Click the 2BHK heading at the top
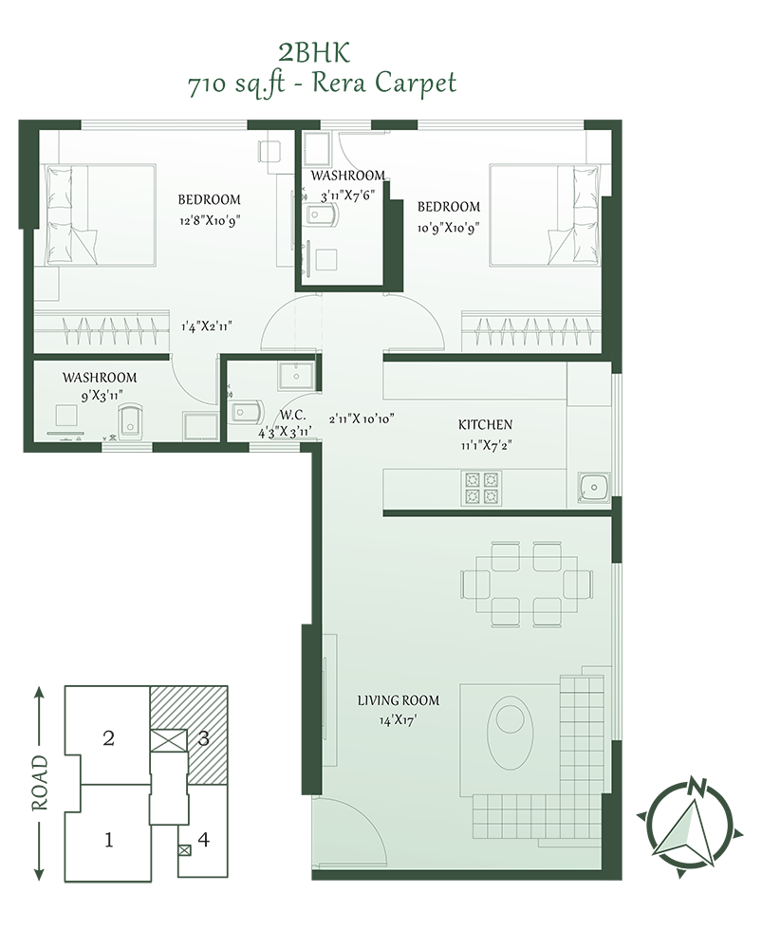(x=314, y=53)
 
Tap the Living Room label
(x=399, y=700)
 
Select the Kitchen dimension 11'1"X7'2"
(x=486, y=445)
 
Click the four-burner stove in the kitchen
(x=481, y=488)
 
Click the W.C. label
(x=293, y=416)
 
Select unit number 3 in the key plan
(x=203, y=738)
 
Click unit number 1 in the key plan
(x=108, y=840)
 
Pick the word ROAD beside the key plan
(x=40, y=783)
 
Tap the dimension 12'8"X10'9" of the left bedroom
(x=210, y=221)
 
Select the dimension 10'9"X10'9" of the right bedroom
(x=449, y=228)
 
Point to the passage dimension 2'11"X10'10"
(x=362, y=418)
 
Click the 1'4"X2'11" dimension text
(x=206, y=326)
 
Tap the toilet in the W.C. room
(x=247, y=412)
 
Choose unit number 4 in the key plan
(x=203, y=840)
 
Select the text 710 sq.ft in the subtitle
(x=236, y=84)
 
